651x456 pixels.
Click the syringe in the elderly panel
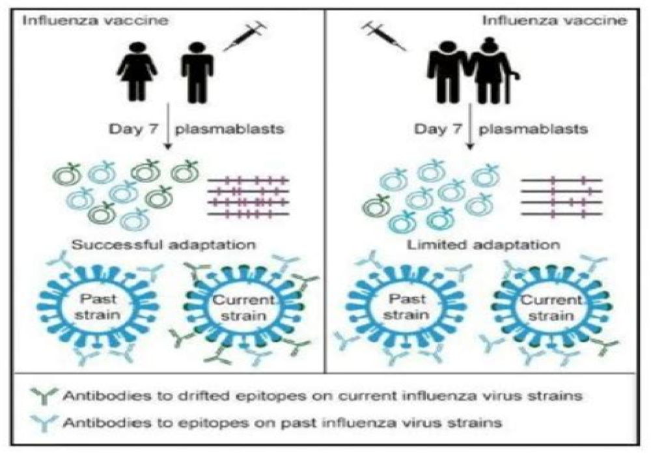[384, 35]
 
